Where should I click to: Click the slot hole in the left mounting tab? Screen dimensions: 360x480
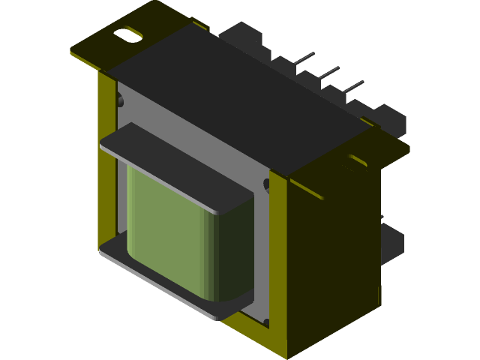click(128, 34)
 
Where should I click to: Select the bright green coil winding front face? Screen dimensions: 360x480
click(165, 229)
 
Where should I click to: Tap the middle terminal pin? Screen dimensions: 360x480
click(328, 72)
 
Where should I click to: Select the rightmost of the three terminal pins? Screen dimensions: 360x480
click(352, 86)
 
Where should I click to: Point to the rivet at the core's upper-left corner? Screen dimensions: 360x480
click(119, 97)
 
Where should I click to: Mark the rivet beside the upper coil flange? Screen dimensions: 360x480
click(266, 184)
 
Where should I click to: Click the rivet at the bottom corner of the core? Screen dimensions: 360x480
click(265, 324)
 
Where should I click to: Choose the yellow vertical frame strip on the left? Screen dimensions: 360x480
click(107, 165)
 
